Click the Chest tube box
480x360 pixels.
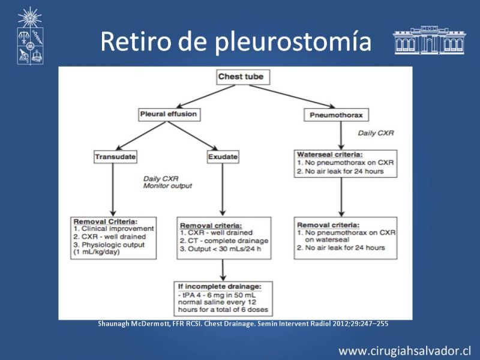(x=243, y=77)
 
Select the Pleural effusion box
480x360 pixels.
(x=169, y=115)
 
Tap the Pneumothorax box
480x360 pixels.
(x=336, y=115)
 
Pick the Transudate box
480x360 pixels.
(x=115, y=157)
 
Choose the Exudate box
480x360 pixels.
(x=223, y=157)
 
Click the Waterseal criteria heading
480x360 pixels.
(x=329, y=155)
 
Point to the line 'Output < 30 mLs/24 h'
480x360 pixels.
(x=220, y=249)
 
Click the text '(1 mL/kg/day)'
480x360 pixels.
(x=97, y=252)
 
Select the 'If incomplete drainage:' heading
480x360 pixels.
(x=220, y=287)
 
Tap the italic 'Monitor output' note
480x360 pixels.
(x=167, y=186)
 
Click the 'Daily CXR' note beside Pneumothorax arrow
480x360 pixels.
(x=376, y=133)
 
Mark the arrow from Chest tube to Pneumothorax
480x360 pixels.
(x=292, y=97)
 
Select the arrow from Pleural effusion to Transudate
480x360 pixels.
(x=141, y=136)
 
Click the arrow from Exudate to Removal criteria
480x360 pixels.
(x=223, y=190)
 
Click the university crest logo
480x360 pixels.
(x=30, y=36)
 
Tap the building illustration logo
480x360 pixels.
(x=429, y=40)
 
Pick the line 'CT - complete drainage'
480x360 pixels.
(x=224, y=241)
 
